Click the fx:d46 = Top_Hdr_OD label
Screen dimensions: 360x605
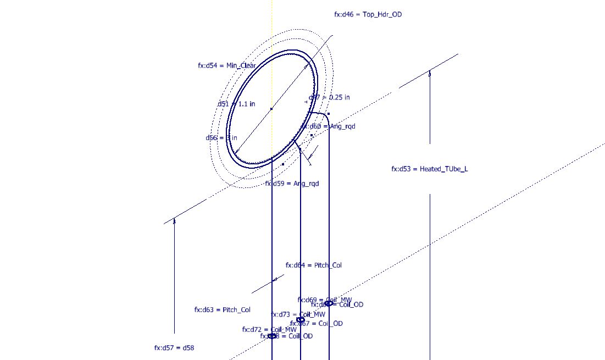click(368, 14)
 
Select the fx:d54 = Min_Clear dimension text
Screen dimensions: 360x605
click(226, 65)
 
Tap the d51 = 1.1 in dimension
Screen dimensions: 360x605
click(236, 104)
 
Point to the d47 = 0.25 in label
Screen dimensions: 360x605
click(329, 97)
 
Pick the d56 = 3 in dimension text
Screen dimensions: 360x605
click(221, 137)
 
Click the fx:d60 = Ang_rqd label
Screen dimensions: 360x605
click(328, 126)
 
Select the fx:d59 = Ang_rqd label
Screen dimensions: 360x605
click(292, 184)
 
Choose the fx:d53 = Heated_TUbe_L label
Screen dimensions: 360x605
click(429, 169)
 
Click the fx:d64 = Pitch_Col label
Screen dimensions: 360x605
click(313, 265)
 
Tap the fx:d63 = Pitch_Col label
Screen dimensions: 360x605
click(222, 310)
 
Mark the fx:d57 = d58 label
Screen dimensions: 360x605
click(174, 348)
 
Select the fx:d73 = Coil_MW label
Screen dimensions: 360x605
click(298, 314)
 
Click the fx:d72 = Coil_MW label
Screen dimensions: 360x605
click(269, 329)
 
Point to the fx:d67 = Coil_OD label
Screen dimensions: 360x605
click(317, 324)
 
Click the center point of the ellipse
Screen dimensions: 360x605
click(271, 109)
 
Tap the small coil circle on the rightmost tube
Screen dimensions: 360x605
click(329, 303)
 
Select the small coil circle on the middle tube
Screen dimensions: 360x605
click(301, 319)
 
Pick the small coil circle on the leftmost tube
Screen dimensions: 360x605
click(272, 336)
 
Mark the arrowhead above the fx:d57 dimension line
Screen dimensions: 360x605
click(174, 221)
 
